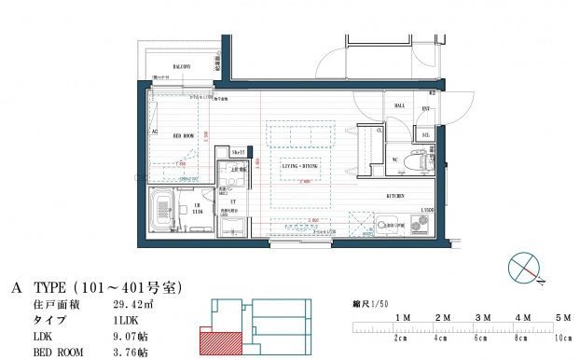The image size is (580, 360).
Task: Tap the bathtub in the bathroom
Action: (x=164, y=210)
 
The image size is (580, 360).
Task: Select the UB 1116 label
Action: (x=197, y=210)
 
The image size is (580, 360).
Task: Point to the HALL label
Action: (x=400, y=106)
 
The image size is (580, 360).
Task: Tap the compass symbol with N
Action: (x=524, y=268)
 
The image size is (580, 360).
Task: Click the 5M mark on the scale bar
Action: (x=562, y=319)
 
